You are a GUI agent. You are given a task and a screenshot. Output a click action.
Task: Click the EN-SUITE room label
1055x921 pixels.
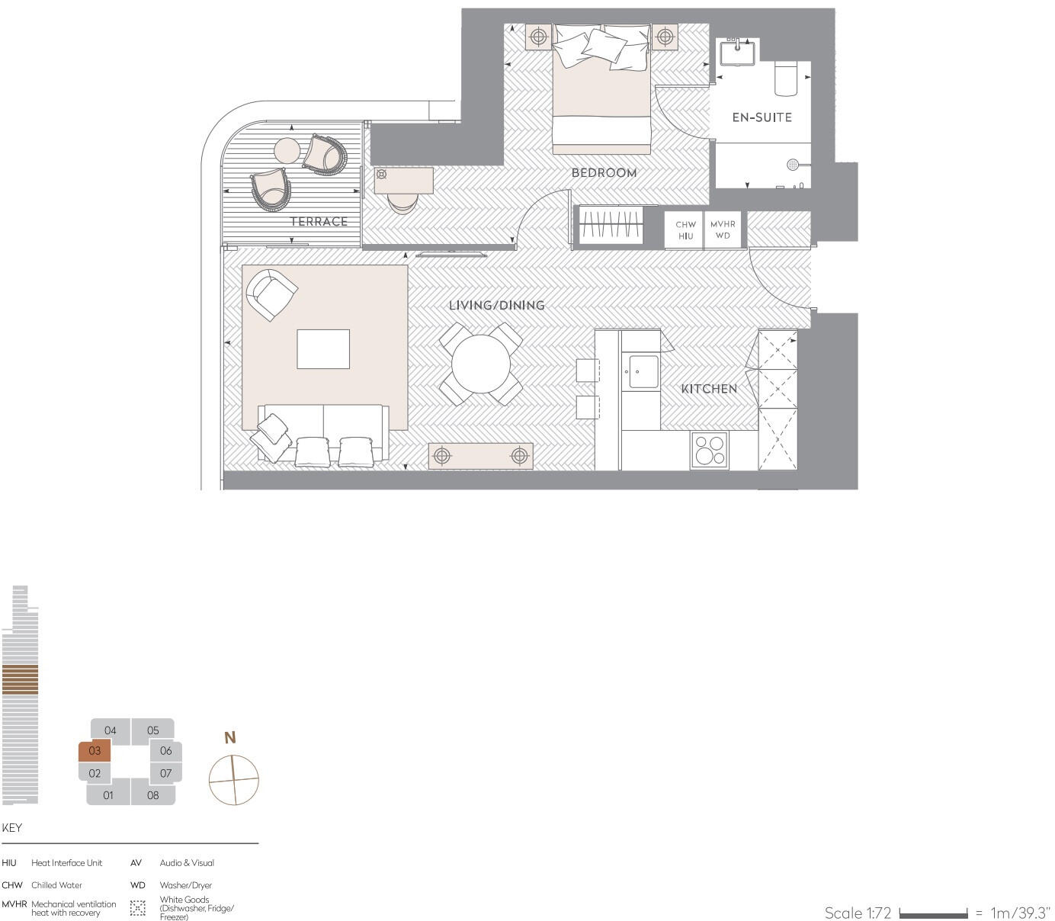pyautogui.click(x=762, y=117)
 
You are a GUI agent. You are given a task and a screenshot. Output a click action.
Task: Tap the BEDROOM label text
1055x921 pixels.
pyautogui.click(x=604, y=173)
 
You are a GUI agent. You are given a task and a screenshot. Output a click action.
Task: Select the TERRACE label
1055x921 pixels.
pyautogui.click(x=319, y=222)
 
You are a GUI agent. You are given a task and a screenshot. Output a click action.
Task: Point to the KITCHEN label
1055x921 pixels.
pyautogui.click(x=709, y=389)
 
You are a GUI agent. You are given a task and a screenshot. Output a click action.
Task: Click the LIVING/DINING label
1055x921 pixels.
pyautogui.click(x=496, y=305)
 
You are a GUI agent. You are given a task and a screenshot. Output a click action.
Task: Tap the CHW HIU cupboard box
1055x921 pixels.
pyautogui.click(x=685, y=230)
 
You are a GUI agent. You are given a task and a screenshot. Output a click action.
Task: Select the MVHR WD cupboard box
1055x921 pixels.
pyautogui.click(x=723, y=230)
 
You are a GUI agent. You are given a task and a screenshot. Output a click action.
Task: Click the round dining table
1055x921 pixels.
pyautogui.click(x=481, y=364)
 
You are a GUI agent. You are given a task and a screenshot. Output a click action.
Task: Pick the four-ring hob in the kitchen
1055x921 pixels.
pyautogui.click(x=709, y=450)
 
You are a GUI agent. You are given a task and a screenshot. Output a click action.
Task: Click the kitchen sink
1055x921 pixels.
pyautogui.click(x=643, y=373)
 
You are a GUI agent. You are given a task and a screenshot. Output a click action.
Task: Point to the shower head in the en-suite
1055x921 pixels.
pyautogui.click(x=793, y=164)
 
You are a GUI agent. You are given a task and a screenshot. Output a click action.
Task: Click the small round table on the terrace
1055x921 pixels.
pyautogui.click(x=288, y=150)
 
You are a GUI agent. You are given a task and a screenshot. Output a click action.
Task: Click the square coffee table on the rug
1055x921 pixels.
pyautogui.click(x=323, y=349)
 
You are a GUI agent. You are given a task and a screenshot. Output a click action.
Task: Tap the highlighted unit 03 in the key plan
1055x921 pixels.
pyautogui.click(x=95, y=751)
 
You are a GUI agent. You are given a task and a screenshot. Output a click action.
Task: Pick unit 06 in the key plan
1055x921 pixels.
pyautogui.click(x=165, y=751)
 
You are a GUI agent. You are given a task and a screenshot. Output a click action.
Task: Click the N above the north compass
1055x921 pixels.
pyautogui.click(x=229, y=737)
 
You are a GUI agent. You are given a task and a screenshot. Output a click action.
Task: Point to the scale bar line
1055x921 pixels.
pyautogui.click(x=933, y=913)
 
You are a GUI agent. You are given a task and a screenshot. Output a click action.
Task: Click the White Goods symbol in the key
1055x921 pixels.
pyautogui.click(x=138, y=908)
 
